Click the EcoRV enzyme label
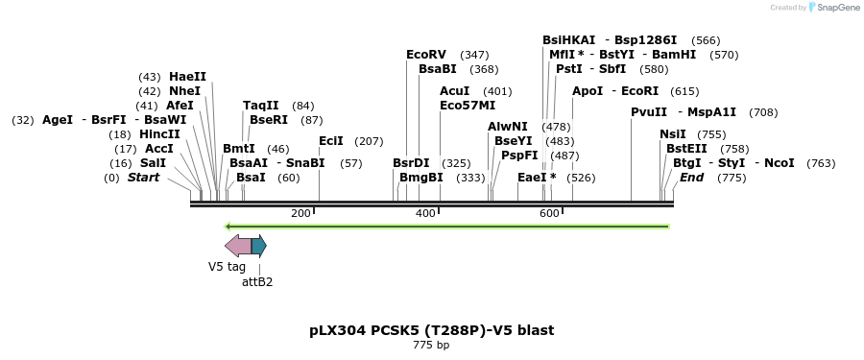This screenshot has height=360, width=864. (426, 55)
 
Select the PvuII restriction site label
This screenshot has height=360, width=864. (649, 112)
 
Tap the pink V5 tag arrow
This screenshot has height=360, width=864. (237, 246)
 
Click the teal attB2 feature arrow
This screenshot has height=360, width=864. (259, 246)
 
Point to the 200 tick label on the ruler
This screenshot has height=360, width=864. (300, 213)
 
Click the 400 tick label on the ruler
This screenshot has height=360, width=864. (425, 213)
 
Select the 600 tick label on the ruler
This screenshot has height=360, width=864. (550, 213)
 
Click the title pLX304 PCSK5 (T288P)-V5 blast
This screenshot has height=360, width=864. (431, 330)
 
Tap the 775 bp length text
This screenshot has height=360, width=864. (431, 345)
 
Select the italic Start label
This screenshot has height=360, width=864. (143, 178)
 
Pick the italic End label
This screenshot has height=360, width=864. (691, 178)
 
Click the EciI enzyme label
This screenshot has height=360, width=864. (331, 141)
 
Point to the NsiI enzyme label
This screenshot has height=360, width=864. (673, 134)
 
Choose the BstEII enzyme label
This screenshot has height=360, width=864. (686, 149)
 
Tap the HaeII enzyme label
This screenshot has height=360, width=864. (187, 77)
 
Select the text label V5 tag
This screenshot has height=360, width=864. (228, 267)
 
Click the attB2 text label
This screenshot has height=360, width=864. (257, 282)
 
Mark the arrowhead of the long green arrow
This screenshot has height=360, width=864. (228, 227)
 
